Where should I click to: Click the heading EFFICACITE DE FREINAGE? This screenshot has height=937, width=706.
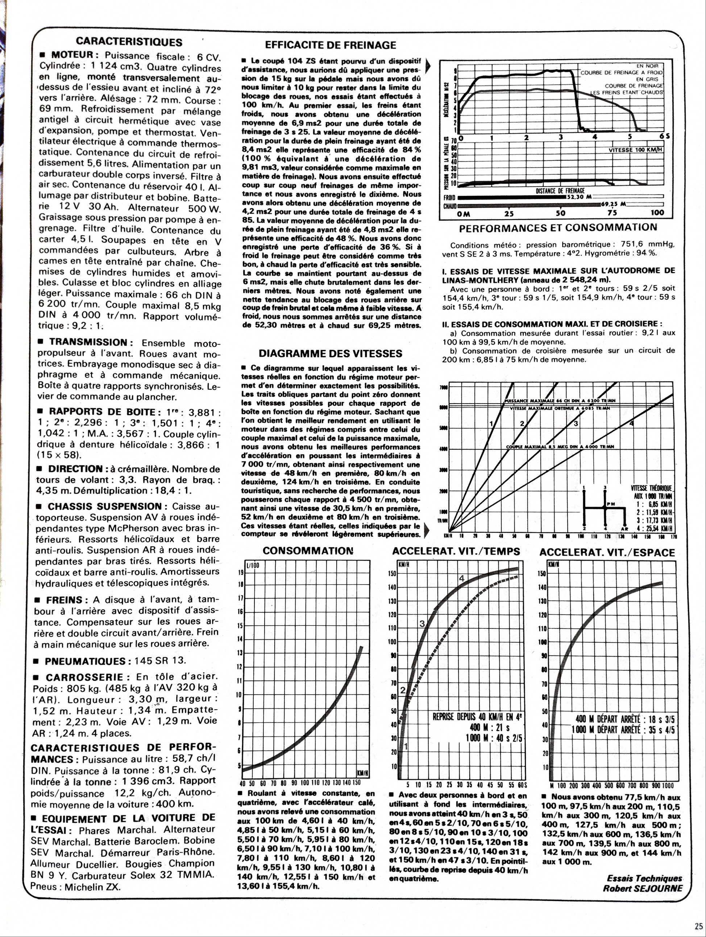pos(331,45)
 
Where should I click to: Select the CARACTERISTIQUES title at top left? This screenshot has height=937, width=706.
pos(129,42)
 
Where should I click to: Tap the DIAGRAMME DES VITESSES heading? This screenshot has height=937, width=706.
pos(331,353)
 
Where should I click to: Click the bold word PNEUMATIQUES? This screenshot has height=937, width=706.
pos(85,661)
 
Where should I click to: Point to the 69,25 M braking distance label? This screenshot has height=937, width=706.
pos(614,204)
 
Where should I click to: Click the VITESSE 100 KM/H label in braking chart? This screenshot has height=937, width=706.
pos(635,150)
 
